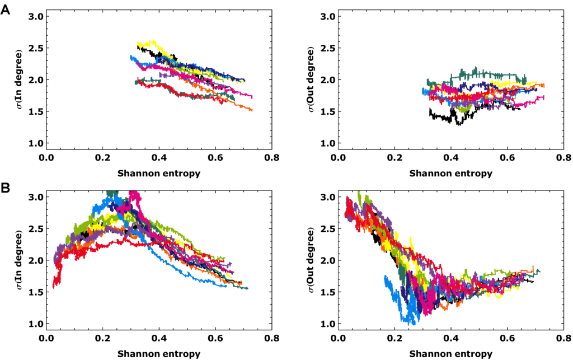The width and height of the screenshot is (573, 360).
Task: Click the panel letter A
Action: click(5, 10)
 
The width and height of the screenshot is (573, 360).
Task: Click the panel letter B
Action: click(5, 188)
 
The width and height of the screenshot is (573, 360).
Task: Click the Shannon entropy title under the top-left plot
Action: click(159, 173)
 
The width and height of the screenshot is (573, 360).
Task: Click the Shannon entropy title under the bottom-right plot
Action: click(451, 353)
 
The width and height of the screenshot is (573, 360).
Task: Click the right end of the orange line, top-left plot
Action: click(252, 110)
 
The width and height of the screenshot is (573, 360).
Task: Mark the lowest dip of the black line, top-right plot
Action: click(459, 124)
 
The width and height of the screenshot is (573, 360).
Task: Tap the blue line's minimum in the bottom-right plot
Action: click(412, 323)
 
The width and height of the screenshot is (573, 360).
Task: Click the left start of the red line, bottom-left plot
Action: click(53, 287)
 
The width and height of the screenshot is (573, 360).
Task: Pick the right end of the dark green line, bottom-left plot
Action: click(247, 288)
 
